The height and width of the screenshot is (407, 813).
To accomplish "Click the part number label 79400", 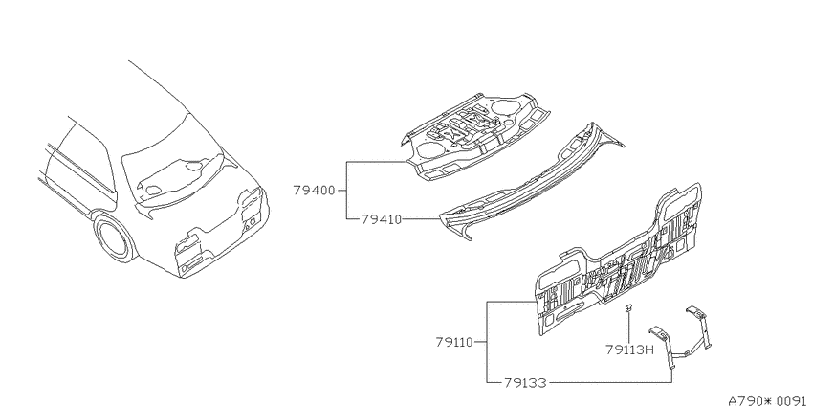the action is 315,191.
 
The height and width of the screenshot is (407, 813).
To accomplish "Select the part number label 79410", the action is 381,219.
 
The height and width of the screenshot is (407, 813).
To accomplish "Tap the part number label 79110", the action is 454,342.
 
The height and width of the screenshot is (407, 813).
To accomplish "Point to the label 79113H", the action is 628,350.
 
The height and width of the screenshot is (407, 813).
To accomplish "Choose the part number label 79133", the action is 525,383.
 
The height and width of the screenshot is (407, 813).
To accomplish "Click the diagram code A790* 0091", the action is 770,401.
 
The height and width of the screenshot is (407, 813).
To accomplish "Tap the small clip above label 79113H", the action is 629,307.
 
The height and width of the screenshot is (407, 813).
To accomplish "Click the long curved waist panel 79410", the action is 529,187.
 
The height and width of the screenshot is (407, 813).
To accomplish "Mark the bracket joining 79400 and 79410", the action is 346,191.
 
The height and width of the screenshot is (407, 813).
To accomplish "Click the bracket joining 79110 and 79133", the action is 487,342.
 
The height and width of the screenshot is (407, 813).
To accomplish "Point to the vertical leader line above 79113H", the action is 629,328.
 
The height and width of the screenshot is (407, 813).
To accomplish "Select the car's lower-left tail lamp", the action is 187,252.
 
